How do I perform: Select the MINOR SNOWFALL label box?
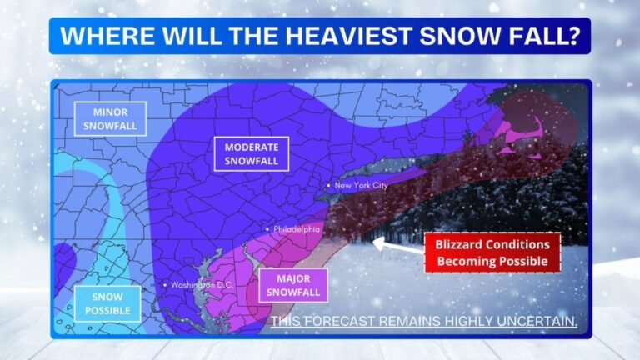110,118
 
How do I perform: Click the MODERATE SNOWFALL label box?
251,153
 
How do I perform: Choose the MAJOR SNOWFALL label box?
292,285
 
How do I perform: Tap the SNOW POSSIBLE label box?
107,303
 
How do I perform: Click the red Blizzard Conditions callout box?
492,252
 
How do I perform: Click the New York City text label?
362,186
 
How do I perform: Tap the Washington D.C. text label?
202,285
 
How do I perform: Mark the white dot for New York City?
329,185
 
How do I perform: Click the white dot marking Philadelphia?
267,228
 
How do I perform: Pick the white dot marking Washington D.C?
166,285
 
